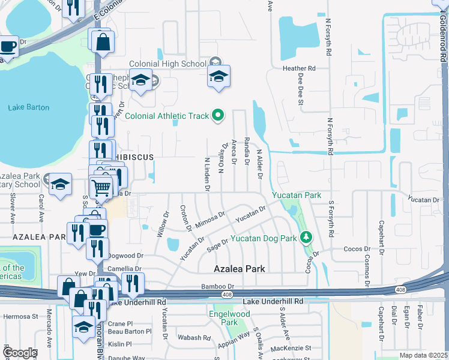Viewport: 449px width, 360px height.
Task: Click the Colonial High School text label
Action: click(167, 64)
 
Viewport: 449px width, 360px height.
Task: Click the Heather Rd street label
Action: click(298, 68)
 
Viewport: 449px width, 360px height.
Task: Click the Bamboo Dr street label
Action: click(217, 287)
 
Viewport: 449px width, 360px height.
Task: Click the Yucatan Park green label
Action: click(296, 195)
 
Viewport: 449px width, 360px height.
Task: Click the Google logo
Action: click(20, 353)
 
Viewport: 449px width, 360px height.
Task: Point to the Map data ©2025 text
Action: click(423, 355)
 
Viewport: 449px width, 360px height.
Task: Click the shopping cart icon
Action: click(101, 187)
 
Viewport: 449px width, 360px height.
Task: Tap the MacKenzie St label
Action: click(291, 348)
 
